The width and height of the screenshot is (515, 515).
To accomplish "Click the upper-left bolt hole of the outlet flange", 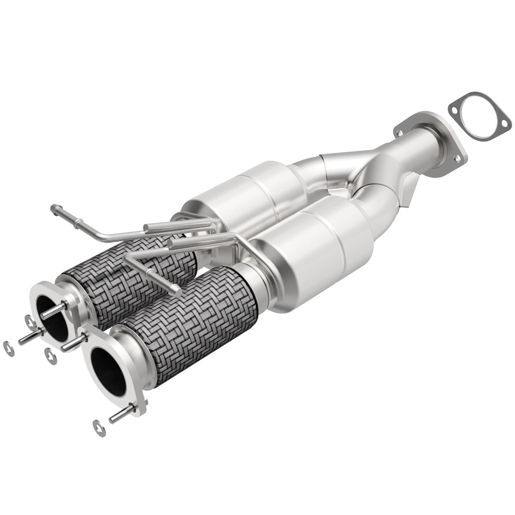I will pos(399,133).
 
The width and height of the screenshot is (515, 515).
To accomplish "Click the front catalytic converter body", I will pos(323,254).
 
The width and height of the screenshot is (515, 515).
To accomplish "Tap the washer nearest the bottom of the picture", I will pos(99,428).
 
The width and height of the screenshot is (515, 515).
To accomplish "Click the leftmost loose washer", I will pos(8,348).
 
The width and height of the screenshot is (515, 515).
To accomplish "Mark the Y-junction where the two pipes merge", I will pos(357,182).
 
